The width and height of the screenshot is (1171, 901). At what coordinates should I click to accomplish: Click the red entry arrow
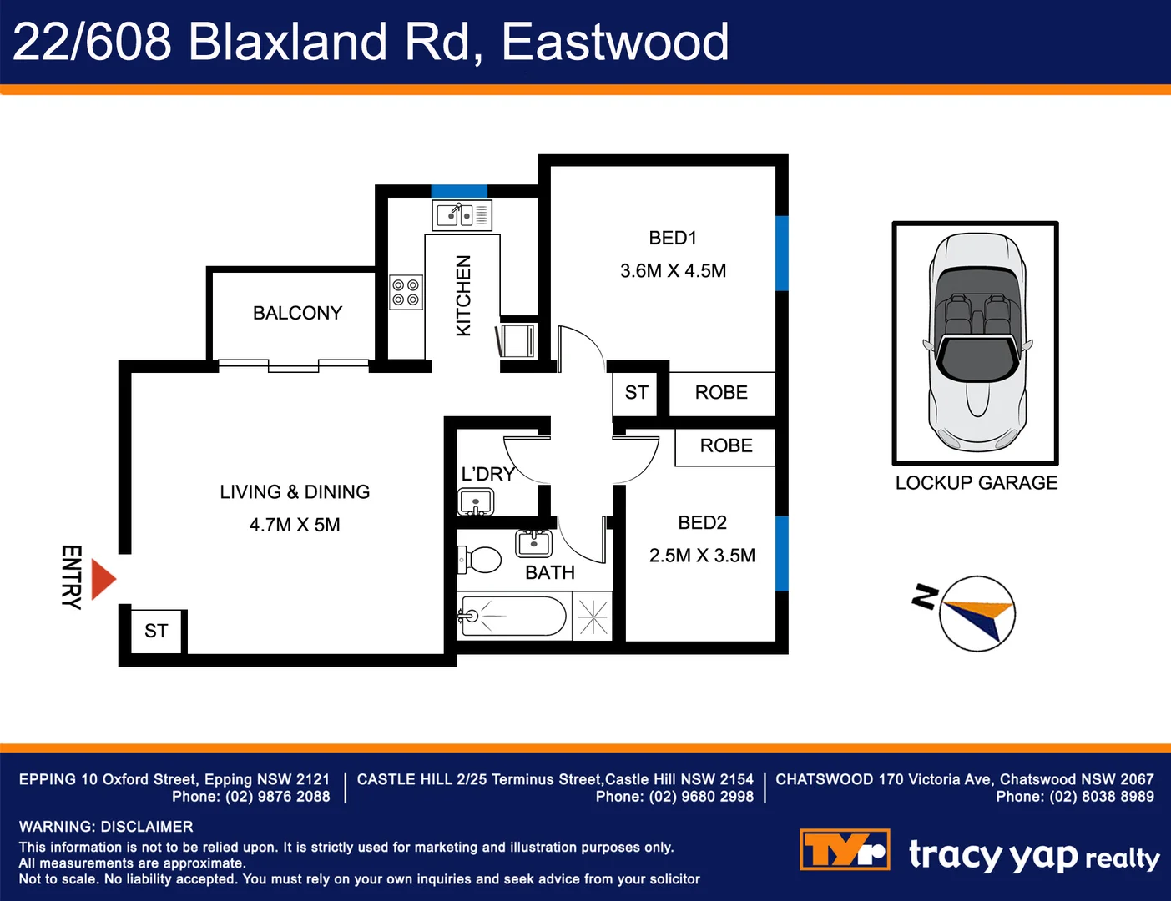(103, 579)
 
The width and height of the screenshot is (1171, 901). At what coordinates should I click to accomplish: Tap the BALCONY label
(297, 313)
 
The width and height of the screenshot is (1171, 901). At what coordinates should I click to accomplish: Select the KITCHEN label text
(463, 295)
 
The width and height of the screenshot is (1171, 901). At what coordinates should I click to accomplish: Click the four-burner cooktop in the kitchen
(406, 293)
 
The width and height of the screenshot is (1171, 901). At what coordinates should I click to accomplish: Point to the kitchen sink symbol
(462, 214)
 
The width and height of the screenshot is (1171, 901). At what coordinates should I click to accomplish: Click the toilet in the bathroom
(481, 560)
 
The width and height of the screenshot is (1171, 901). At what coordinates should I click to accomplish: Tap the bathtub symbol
(512, 617)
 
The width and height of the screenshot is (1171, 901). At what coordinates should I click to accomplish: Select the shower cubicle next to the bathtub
(593, 617)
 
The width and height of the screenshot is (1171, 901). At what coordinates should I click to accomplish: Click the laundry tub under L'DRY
(476, 503)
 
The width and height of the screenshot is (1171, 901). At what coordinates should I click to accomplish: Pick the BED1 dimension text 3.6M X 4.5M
(673, 271)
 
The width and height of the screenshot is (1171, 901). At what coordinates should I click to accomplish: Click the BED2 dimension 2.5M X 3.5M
(702, 556)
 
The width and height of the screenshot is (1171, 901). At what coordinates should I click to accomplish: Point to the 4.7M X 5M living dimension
(295, 525)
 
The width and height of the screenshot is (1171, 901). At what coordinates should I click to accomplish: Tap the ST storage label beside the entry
(156, 631)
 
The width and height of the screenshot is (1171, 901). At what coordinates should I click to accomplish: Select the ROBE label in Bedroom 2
(726, 446)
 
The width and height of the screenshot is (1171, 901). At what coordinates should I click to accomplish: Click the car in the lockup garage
(976, 342)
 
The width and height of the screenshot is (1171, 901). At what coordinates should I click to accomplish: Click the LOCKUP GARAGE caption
(976, 483)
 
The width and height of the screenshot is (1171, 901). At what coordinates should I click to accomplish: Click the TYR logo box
(845, 850)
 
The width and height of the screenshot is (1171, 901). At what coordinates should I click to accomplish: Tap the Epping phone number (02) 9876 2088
(277, 797)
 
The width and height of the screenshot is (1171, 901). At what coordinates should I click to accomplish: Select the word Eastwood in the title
(615, 42)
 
